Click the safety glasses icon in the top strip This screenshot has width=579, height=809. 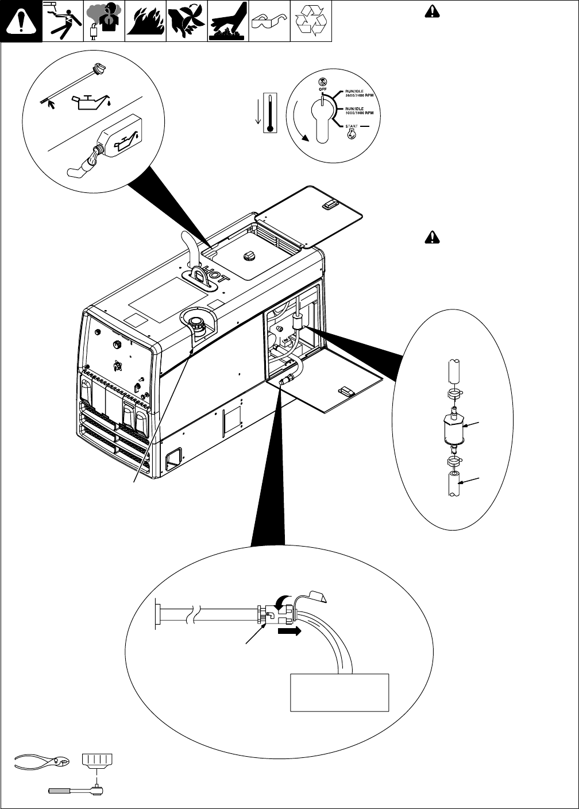(269, 21)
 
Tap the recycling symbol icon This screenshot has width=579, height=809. (311, 21)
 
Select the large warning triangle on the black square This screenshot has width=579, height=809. (21, 21)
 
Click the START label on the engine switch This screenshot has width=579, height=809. (351, 126)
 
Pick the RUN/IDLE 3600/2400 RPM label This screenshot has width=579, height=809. (360, 94)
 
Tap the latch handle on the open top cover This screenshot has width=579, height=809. (331, 204)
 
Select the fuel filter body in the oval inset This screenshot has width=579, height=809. (453, 429)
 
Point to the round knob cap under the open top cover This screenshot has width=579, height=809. (250, 256)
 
